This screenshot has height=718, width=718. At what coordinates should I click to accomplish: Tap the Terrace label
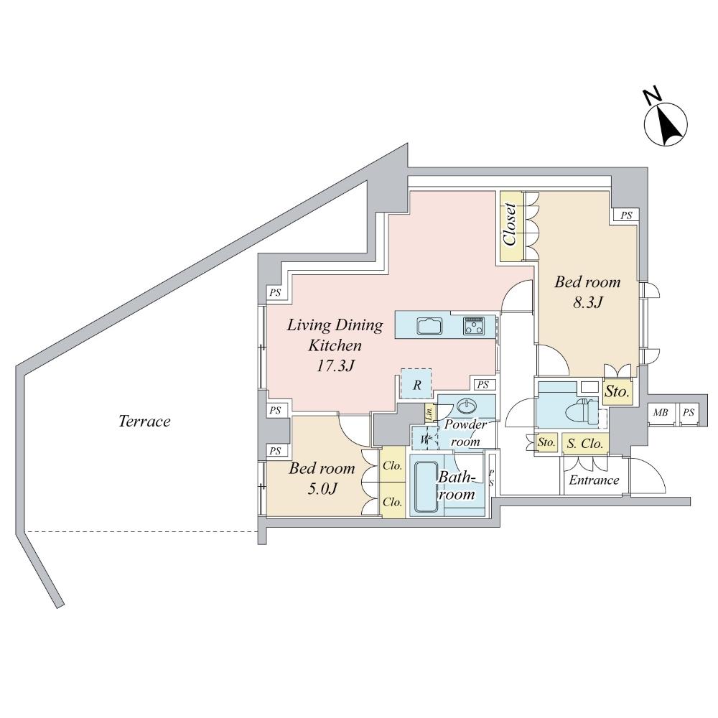coord(144,421)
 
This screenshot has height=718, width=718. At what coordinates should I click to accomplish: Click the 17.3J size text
coord(335,365)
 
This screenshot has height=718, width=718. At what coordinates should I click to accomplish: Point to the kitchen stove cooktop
coord(474,325)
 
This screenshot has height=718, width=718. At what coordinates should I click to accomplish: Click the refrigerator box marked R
coord(416,384)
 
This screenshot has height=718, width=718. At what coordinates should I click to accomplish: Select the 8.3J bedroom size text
coord(587,302)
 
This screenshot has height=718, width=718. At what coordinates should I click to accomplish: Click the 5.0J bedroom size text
coord(321,489)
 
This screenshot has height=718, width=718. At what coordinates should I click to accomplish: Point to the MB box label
coord(660,413)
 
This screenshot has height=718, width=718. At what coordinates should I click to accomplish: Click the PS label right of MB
coord(688,413)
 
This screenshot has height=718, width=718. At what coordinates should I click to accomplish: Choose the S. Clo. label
coord(585,444)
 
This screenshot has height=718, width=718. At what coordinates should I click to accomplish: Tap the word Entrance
coord(594,480)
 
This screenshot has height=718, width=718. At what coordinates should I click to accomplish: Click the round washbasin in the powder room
coord(466,406)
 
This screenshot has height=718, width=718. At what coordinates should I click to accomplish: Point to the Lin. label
coord(429,412)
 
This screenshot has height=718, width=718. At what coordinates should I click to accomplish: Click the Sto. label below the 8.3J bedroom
coord(617,392)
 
